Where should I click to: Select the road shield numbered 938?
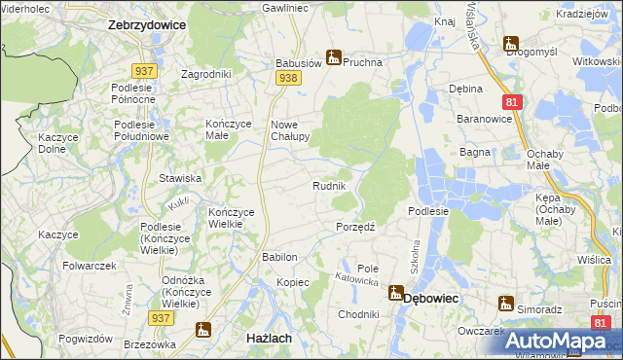click(x=286, y=76)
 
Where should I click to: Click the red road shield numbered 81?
click(x=511, y=100)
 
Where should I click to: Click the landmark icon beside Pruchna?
click(x=333, y=57)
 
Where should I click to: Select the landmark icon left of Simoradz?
click(x=505, y=304)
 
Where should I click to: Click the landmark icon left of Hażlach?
click(x=202, y=331)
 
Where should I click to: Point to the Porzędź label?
click(x=356, y=226)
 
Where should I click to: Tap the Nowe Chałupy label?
click(x=290, y=130)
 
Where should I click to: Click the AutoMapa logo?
click(x=555, y=341)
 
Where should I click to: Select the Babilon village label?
click(x=278, y=257)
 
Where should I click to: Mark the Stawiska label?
click(x=180, y=178)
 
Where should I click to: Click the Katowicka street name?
click(x=356, y=279)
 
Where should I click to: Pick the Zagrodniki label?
click(x=206, y=74)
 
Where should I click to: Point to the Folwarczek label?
click(x=90, y=265)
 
